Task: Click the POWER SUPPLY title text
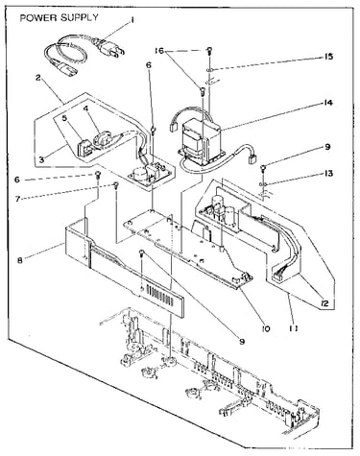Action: click(x=60, y=17)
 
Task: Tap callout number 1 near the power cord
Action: click(x=132, y=20)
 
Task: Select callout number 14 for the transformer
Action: click(x=327, y=103)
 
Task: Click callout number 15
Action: click(x=327, y=57)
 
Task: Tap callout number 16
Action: click(x=159, y=51)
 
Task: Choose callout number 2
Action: click(x=38, y=78)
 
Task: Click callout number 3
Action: click(x=42, y=159)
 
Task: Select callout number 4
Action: click(x=85, y=108)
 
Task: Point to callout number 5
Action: click(x=65, y=118)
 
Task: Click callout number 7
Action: click(x=17, y=199)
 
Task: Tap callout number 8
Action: click(x=20, y=260)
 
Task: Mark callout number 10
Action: click(x=266, y=328)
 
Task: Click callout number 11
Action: click(x=294, y=328)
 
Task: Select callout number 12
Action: click(x=324, y=303)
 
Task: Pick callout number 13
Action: click(x=328, y=174)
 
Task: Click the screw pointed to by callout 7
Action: click(x=116, y=185)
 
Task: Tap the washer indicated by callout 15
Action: click(x=209, y=69)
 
